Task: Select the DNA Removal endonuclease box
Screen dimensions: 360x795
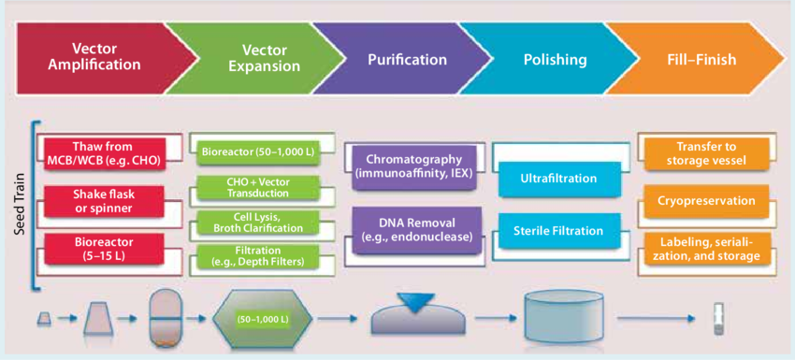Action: coord(412,230)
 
